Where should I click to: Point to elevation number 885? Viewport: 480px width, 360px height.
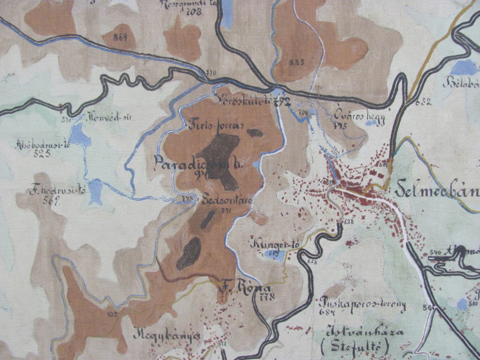pos(296,62)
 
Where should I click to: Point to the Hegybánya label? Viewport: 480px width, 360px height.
pos(167,336)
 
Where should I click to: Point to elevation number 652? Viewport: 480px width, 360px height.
pos(423,103)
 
